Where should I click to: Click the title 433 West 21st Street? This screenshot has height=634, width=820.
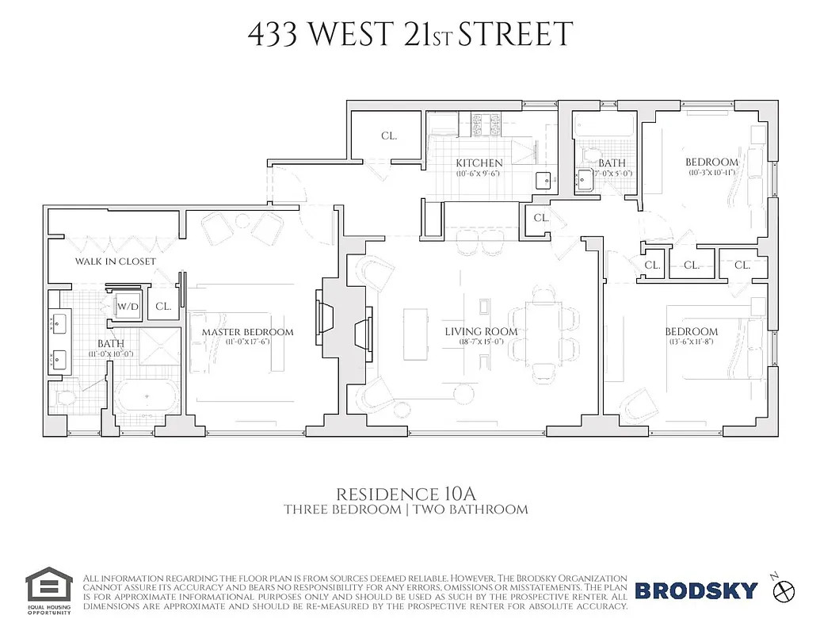410,36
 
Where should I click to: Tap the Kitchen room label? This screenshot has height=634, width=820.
479,163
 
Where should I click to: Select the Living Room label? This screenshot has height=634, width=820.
480,332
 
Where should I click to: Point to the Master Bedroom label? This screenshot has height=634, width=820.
247,332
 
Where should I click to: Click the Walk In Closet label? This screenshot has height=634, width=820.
116,262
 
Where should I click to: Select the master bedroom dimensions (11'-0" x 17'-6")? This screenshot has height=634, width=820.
247,342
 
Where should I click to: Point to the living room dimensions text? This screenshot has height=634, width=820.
480,342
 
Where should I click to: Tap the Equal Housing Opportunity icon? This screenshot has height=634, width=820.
49,587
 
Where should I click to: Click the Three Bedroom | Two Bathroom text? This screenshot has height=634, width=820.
406,510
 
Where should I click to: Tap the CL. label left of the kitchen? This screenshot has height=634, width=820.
388,136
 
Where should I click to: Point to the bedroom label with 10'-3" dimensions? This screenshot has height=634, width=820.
711,162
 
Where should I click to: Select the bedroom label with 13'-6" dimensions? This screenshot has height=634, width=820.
691,332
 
